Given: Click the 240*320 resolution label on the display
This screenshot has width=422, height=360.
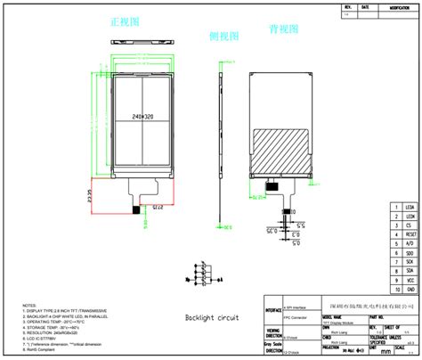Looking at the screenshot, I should click(142, 116).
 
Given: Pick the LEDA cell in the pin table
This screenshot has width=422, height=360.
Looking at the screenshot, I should click(410, 208).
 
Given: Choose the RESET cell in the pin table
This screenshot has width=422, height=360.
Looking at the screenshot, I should click(410, 235).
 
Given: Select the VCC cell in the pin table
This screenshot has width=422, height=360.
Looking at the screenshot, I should click(410, 281).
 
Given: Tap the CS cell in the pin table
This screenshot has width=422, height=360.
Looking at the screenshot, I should click(410, 226).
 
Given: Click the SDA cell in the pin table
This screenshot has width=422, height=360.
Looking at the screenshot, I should click(410, 272).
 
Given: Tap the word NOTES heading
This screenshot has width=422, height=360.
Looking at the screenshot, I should click(29, 304).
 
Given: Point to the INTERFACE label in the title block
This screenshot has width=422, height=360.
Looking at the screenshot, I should click(273, 311).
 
